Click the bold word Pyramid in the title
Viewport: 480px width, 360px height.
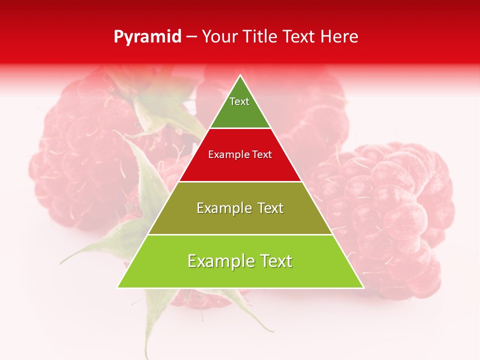147,37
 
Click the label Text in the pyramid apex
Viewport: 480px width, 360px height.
239,102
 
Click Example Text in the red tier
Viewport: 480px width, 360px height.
240,155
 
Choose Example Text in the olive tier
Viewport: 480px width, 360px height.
240,208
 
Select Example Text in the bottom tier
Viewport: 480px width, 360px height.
240,261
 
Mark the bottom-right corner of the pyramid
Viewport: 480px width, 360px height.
363,287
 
